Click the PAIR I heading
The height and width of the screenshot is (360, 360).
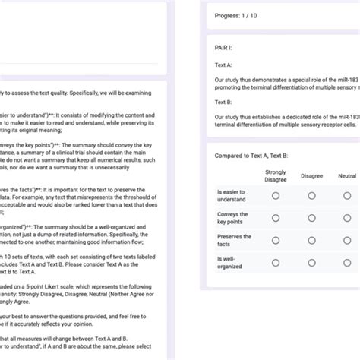[x=226, y=47]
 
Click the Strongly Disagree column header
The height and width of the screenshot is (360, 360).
[x=276, y=176]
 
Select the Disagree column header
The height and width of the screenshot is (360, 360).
[x=311, y=176]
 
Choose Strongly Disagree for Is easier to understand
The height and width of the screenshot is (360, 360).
[x=276, y=196]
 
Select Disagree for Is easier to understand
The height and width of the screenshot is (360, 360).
[x=311, y=196]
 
